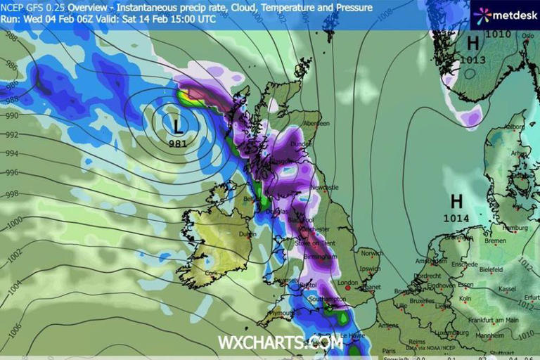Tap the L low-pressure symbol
click(x=179, y=125)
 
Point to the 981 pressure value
click(x=179, y=143)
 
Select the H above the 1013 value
click(x=472, y=43)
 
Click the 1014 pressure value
click(x=456, y=219)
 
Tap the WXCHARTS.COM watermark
click(x=280, y=342)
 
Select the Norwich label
click(x=371, y=253)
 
